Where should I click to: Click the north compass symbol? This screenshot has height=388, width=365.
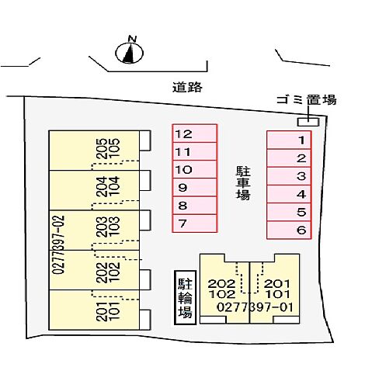pos(129,53)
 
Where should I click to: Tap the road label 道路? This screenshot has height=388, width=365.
pos(187,87)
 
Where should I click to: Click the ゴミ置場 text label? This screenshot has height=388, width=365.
pos(307,100)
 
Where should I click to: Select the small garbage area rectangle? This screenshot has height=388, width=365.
pos(308,122)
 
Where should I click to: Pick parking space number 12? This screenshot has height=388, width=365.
pos(195,133)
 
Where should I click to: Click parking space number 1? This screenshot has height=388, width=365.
pos(289,140)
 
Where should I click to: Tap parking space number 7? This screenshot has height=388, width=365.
pos(195,223)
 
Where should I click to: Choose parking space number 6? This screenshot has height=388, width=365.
pos(289,230)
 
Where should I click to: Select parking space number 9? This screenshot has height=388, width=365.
pos(195,188)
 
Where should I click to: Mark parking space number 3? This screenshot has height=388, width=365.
pos(289,176)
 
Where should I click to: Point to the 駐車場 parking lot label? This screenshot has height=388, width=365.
pos(243,183)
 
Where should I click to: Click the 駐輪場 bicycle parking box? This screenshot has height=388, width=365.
pos(185,297)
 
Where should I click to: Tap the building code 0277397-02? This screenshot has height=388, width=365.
pos(58,244)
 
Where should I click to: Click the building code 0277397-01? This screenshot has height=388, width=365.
pos(255,307)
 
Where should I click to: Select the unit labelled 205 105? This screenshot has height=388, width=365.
pos(94,151)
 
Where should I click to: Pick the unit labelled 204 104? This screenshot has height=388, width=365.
pos(94,190)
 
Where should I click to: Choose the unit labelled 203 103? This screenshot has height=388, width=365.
pos(94,230)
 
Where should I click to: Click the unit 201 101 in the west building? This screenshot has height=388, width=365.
pos(94,310)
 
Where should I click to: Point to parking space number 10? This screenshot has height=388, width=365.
pos(195,169)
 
